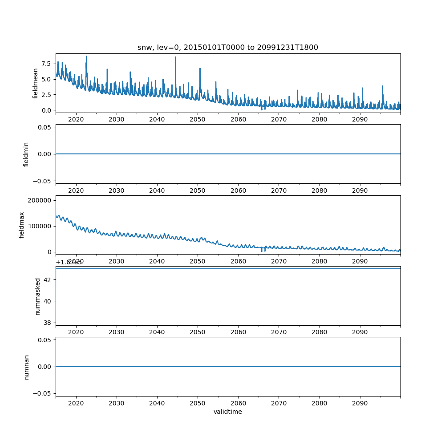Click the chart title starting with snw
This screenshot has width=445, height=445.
coord(228,48)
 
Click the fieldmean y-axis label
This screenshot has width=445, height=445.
coord(36,83)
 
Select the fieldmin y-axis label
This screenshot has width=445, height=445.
coord(26,154)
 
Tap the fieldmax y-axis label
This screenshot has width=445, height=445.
coord(22,225)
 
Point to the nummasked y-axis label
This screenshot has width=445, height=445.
coord(38,296)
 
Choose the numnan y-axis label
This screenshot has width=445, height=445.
coord(26,367)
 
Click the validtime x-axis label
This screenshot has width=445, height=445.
coord(228,412)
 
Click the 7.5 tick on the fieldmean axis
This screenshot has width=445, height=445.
coord(46,64)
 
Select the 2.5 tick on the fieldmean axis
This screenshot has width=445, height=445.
coord(46,95)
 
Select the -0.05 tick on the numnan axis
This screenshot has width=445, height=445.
coord(42,393)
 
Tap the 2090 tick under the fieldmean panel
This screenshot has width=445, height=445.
coord(360,119)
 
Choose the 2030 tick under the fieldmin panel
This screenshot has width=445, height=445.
coord(117,190)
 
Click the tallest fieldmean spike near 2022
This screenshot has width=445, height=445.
coord(86,57)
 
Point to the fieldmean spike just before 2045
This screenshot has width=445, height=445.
coord(175,57)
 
